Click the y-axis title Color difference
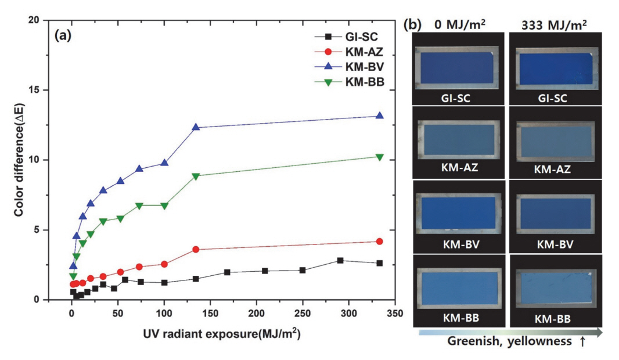point(19,160)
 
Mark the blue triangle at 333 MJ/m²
point(380,116)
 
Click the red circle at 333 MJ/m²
point(380,242)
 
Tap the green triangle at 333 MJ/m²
point(380,157)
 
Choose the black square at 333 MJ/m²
point(380,263)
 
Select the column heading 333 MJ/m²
point(555,24)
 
